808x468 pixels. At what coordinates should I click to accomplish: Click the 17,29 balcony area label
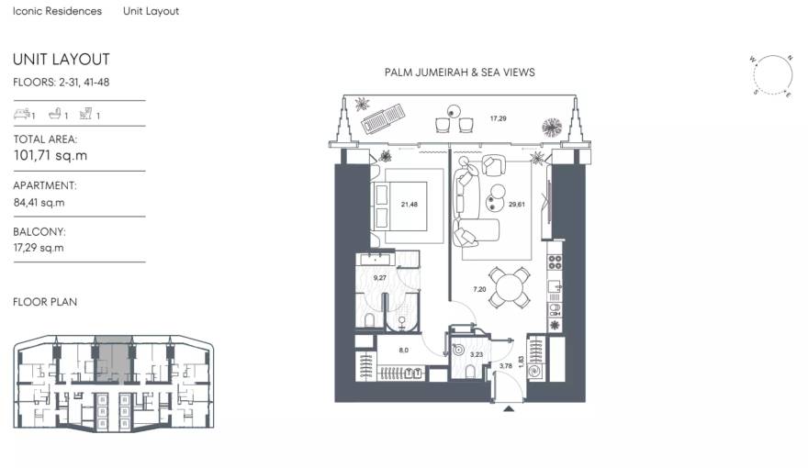click(499, 118)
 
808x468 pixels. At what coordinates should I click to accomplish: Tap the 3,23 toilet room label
click(476, 354)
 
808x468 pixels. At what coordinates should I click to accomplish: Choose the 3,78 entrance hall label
click(505, 367)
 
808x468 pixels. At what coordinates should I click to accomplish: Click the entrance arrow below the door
click(509, 410)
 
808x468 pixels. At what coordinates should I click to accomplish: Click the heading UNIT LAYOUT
click(62, 60)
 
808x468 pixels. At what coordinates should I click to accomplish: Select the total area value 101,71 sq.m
click(50, 156)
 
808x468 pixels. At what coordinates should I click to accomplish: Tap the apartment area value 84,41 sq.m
click(39, 202)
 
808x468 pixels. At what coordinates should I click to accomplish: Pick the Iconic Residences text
click(57, 12)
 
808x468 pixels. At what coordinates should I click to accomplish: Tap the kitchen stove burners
click(555, 262)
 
